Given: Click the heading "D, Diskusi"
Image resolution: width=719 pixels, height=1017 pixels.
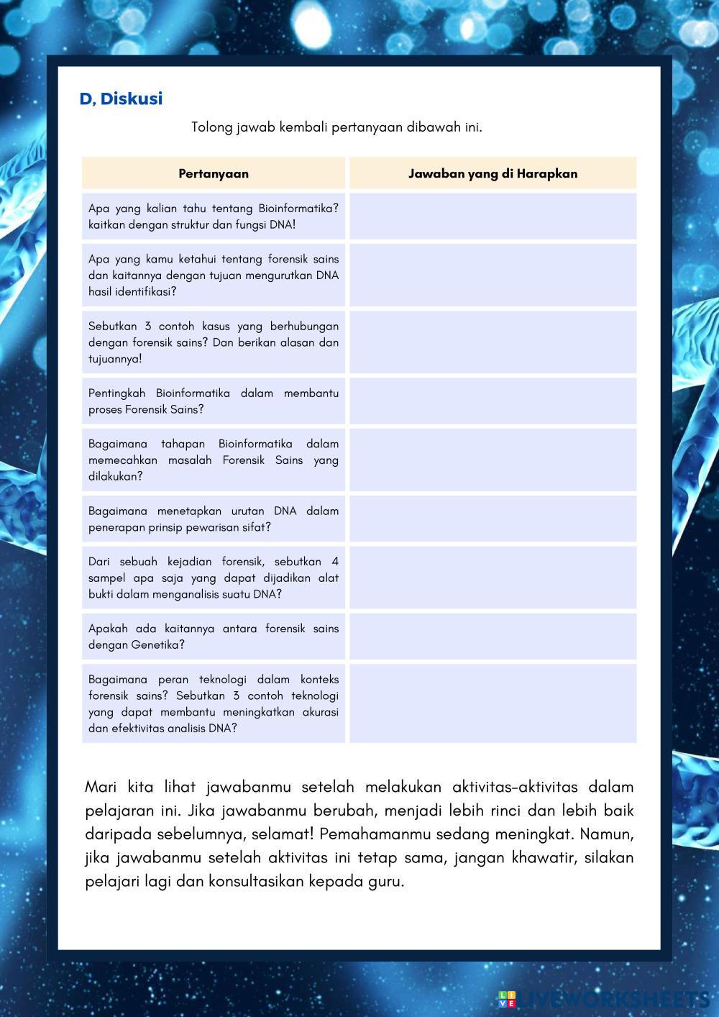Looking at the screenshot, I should [121, 99].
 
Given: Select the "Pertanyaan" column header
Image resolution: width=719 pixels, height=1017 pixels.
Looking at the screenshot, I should [214, 173].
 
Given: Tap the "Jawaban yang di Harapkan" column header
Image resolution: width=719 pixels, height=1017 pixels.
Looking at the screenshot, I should [493, 173].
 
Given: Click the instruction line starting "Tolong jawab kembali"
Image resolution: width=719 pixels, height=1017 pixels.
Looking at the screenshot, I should [336, 127].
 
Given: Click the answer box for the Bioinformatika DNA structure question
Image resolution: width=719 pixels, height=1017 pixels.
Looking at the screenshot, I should [493, 216].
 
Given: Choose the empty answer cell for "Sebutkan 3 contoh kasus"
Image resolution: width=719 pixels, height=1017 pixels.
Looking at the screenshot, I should [493, 342].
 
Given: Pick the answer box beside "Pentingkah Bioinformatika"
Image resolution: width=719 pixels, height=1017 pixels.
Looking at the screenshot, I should [493, 401].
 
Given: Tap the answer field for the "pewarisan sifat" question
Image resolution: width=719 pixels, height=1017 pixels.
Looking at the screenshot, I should [493, 519].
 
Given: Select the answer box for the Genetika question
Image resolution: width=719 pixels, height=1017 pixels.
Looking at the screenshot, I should [493, 637].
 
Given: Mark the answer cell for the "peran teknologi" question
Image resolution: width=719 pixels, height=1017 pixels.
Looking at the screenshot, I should [493, 703].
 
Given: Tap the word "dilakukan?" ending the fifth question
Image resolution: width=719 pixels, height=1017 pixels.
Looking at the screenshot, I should [116, 476].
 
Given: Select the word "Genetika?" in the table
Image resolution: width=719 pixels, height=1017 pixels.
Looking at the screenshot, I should [157, 645].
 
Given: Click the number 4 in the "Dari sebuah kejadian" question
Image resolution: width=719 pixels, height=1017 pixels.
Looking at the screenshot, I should [335, 562].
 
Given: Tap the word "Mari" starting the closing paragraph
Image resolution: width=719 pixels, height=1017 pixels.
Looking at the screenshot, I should [101, 787].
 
